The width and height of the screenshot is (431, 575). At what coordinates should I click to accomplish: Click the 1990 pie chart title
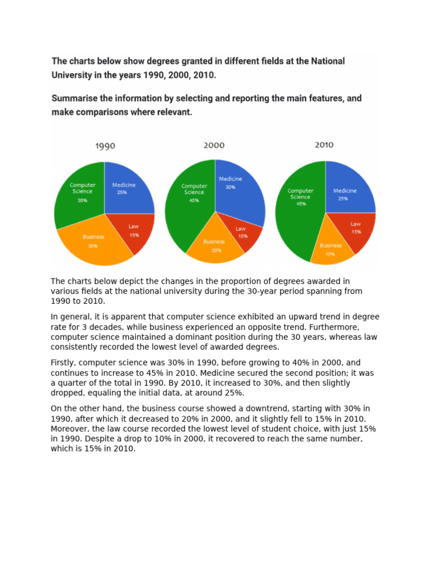pyautogui.click(x=105, y=146)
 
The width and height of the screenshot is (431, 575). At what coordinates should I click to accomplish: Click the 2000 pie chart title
pyautogui.click(x=214, y=145)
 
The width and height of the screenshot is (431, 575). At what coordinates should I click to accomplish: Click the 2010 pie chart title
pyautogui.click(x=324, y=145)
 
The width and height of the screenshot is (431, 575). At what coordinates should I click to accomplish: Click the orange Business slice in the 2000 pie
pyautogui.click(x=214, y=245)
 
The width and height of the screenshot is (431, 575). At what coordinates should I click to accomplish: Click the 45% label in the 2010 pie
pyautogui.click(x=300, y=204)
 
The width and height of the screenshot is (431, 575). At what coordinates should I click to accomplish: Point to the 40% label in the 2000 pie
pyautogui.click(x=194, y=199)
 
